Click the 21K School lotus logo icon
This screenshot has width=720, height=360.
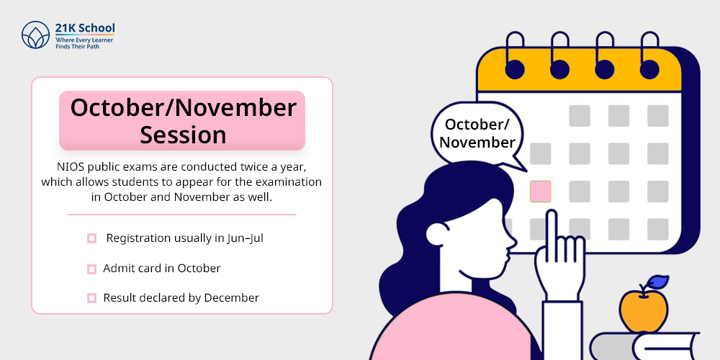[x=35, y=35]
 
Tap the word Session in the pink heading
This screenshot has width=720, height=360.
[x=183, y=135]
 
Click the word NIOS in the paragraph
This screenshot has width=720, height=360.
[x=69, y=166]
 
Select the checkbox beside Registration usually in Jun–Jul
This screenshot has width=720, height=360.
[x=92, y=238]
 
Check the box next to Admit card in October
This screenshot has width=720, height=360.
[x=92, y=269]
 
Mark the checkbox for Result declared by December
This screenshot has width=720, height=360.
[x=92, y=298]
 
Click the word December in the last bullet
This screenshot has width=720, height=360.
[x=231, y=297]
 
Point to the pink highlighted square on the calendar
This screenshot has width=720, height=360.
[x=541, y=192]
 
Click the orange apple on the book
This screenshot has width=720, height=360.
[x=643, y=311]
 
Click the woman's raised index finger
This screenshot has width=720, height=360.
[x=552, y=230]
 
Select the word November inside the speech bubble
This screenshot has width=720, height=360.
[x=477, y=143]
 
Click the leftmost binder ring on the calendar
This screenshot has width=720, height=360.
[x=514, y=55]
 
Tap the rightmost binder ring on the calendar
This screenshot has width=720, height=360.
[x=649, y=55]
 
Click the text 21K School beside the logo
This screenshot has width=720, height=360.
[x=85, y=27]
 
